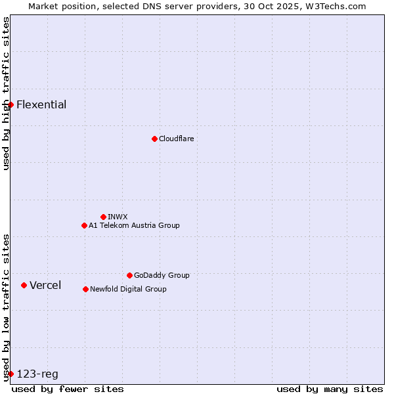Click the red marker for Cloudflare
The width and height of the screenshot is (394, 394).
[154, 139]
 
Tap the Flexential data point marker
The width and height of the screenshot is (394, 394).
[11, 104]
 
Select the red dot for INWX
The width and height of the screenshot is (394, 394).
[103, 217]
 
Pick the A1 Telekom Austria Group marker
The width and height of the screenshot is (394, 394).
[84, 225]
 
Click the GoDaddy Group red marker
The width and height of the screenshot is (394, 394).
[129, 275]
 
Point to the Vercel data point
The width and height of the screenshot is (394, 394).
[24, 285]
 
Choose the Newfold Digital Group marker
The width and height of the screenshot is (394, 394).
[85, 289]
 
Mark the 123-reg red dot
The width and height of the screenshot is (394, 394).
[11, 374]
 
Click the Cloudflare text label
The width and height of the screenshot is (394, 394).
[176, 139]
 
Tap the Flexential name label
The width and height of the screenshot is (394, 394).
[41, 104]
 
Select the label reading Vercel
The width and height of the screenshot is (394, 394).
[45, 285]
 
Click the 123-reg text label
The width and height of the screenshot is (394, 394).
[37, 374]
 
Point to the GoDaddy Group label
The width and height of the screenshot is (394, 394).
[162, 275]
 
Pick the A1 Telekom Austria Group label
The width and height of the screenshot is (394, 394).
[134, 225]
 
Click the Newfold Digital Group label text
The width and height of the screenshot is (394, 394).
[128, 289]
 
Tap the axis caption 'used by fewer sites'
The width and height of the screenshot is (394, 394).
[68, 389]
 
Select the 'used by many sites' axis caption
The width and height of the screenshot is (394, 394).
[330, 389]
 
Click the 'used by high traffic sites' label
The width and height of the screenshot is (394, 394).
[6, 93]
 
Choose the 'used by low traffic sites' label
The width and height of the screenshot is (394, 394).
[6, 307]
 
